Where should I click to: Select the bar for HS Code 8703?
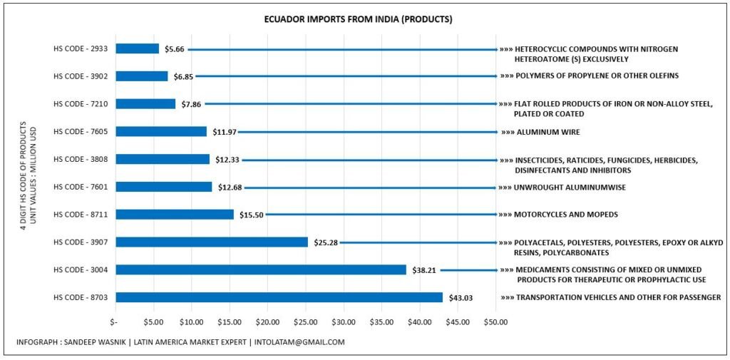coord(279,297)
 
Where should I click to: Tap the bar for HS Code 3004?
coord(260,269)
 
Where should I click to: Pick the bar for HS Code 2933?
coord(137,48)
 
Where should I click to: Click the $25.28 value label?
coord(324,242)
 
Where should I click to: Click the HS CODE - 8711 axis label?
coord(79,215)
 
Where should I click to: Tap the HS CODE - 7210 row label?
coord(79,104)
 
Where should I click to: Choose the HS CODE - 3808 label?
coord(79,159)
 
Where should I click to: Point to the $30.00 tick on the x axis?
coord(344,322)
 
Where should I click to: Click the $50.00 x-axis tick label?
coord(495,322)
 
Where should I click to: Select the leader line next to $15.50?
coord(380,214)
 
